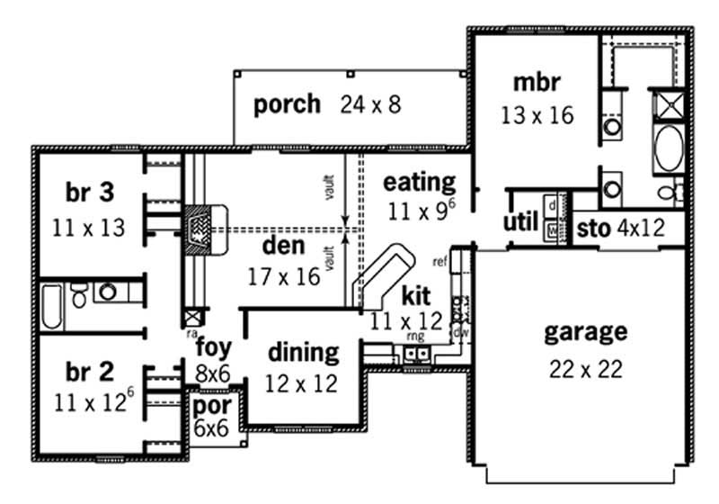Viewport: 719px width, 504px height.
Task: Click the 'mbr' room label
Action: point(537,84)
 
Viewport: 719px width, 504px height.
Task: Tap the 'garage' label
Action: point(584,332)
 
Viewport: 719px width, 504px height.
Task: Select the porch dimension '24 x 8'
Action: point(370,105)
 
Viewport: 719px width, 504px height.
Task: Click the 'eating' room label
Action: point(420,182)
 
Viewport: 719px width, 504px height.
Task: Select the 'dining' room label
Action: point(303,352)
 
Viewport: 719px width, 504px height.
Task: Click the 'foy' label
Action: point(212,346)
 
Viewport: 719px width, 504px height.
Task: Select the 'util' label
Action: point(521,221)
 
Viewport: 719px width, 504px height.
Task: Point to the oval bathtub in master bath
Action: point(669,149)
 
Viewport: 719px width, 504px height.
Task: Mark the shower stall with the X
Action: point(669,105)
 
